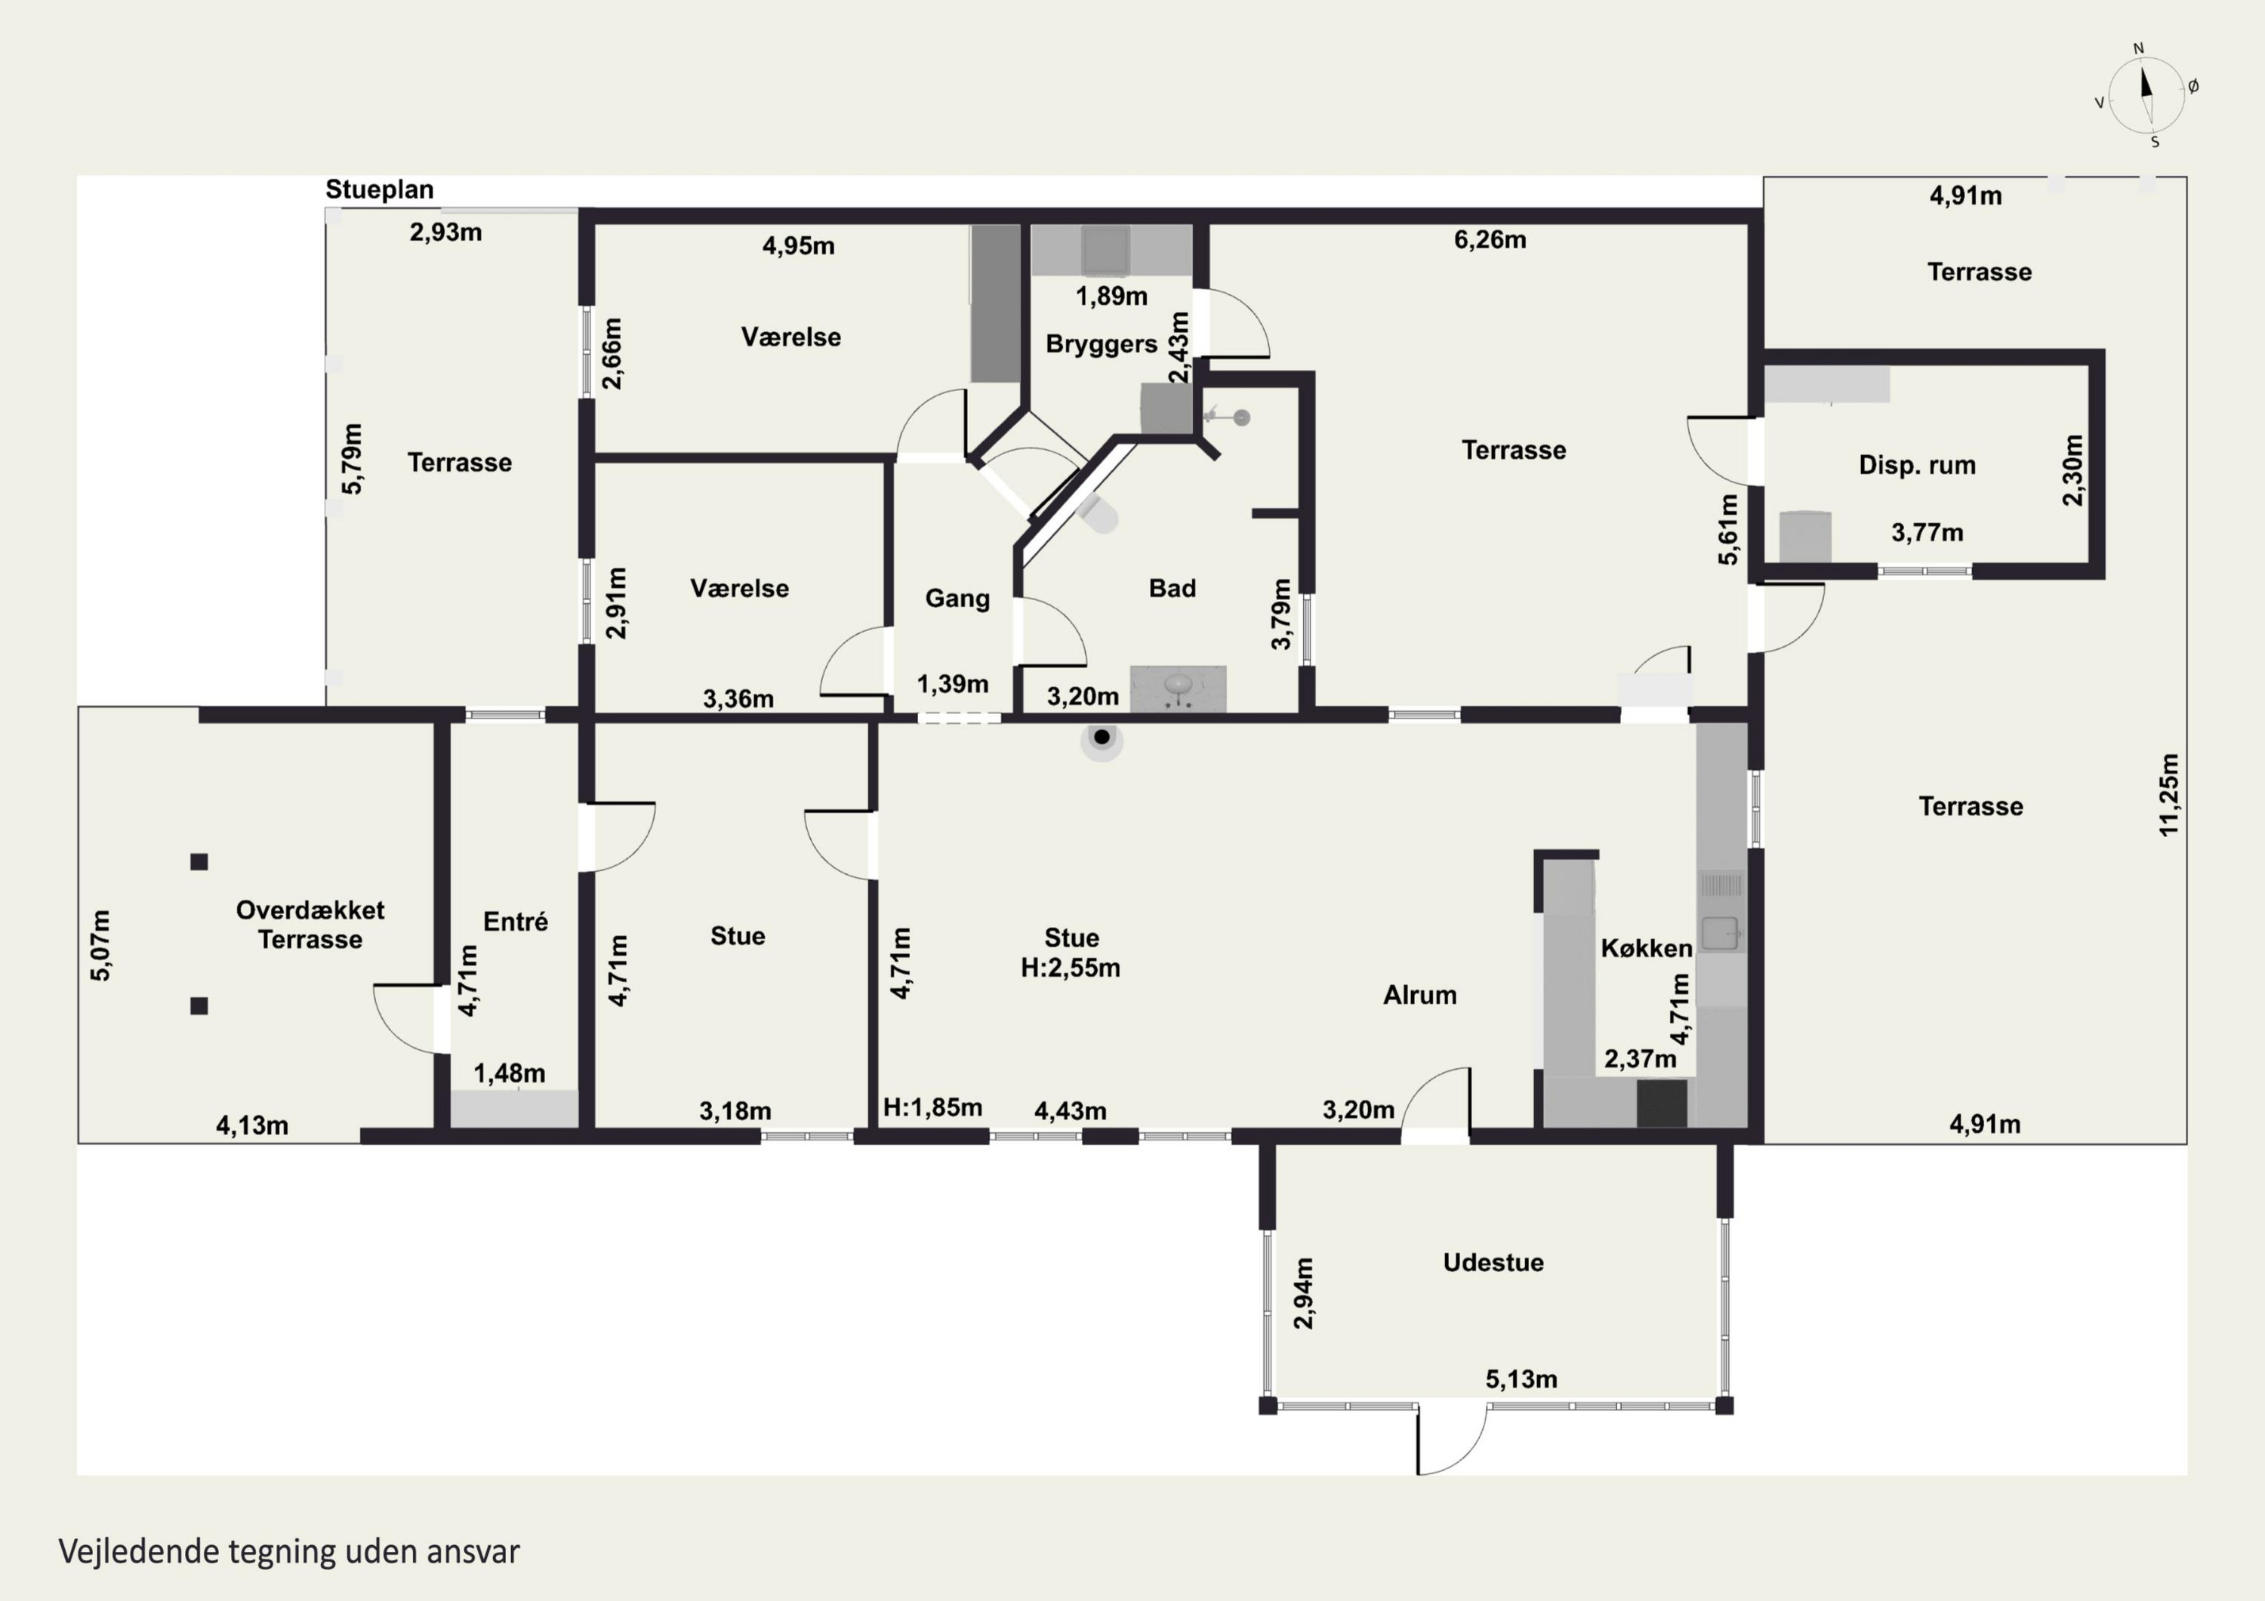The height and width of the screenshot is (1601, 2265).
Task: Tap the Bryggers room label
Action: click(1101, 344)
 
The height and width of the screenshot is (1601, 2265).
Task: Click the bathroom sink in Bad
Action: click(1178, 687)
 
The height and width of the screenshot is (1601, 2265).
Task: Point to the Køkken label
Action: click(1647, 948)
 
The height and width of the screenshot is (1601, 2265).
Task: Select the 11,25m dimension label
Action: click(2168, 795)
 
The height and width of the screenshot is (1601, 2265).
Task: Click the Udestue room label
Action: click(1493, 1263)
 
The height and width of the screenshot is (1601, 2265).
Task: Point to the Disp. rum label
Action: click(1917, 466)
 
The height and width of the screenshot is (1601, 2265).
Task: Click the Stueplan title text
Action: click(379, 190)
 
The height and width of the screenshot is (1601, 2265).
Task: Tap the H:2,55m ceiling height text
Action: click(1071, 968)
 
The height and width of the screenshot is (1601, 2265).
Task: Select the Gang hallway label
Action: click(957, 599)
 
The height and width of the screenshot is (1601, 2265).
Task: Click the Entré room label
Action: click(515, 922)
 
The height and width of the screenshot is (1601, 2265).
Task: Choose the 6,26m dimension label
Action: click(1490, 240)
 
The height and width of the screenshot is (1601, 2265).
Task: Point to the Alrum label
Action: click(1419, 996)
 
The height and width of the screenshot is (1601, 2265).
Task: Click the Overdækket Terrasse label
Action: click(310, 925)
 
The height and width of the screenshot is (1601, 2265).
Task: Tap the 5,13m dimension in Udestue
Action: click(1521, 1379)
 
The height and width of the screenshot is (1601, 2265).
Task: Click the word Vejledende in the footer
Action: click(139, 1552)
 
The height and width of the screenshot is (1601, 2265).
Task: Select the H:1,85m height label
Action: click(932, 1108)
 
